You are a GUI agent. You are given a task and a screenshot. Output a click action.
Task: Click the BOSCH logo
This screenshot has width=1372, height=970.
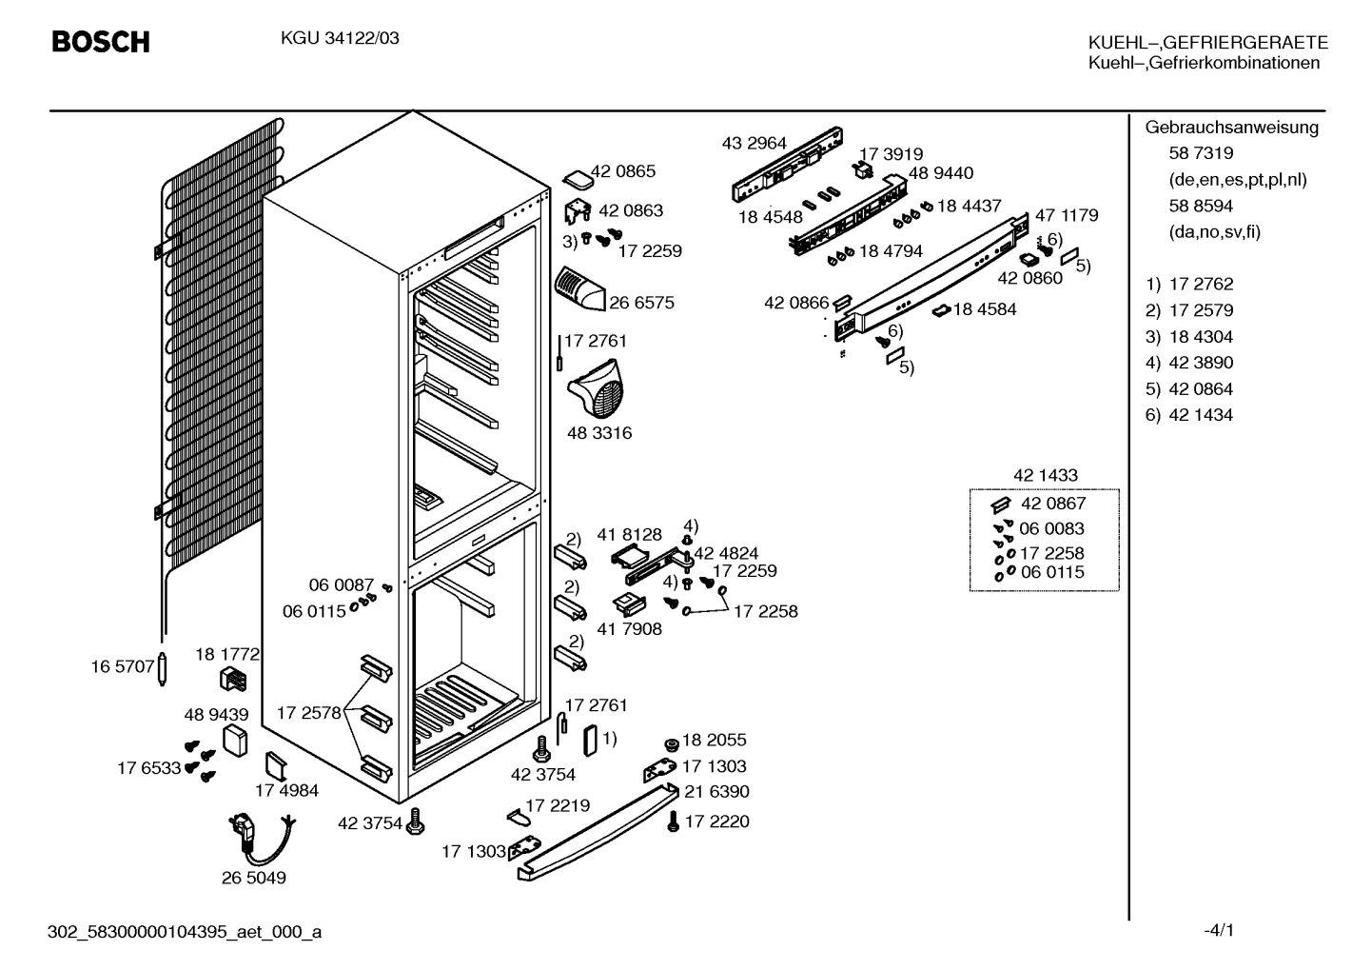point(101,42)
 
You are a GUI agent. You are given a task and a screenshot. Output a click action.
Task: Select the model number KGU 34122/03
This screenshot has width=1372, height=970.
point(340,38)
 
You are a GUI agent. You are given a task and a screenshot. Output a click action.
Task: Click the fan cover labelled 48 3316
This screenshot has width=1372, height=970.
point(596,387)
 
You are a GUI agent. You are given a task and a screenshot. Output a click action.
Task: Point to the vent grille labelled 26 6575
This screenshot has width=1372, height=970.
point(580,288)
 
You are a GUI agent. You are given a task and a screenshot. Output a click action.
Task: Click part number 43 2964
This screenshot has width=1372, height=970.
point(754,144)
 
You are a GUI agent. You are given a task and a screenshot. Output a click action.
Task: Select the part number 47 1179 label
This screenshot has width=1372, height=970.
point(1067,215)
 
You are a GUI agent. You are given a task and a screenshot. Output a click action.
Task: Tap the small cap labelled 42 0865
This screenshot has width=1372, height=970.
point(578,180)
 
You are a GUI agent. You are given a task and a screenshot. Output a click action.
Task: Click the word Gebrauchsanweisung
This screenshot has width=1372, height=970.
point(1232,128)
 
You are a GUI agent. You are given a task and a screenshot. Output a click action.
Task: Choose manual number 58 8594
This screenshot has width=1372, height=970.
point(1201,206)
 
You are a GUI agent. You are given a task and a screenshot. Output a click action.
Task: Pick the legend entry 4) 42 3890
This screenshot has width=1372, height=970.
point(1189,363)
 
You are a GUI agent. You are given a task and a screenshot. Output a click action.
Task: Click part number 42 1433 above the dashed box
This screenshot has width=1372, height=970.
point(1046,475)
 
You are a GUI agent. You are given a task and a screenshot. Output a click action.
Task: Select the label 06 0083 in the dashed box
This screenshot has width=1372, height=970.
point(1051,528)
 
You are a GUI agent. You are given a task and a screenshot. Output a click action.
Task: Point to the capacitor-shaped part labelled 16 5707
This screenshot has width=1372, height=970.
point(163,669)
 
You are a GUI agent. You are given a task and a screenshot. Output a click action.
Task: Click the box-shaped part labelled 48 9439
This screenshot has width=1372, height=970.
point(235,742)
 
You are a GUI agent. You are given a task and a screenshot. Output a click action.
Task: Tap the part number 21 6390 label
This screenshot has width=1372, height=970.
point(716,792)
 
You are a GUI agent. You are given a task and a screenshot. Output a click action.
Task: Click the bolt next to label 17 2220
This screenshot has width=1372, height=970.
point(673,822)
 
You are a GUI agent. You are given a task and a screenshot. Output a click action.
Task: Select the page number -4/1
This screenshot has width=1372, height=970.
point(1219,931)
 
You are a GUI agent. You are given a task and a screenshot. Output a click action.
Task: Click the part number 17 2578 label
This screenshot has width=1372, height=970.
point(308,713)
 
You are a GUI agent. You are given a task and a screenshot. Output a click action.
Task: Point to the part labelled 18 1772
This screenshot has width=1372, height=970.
point(233,680)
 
